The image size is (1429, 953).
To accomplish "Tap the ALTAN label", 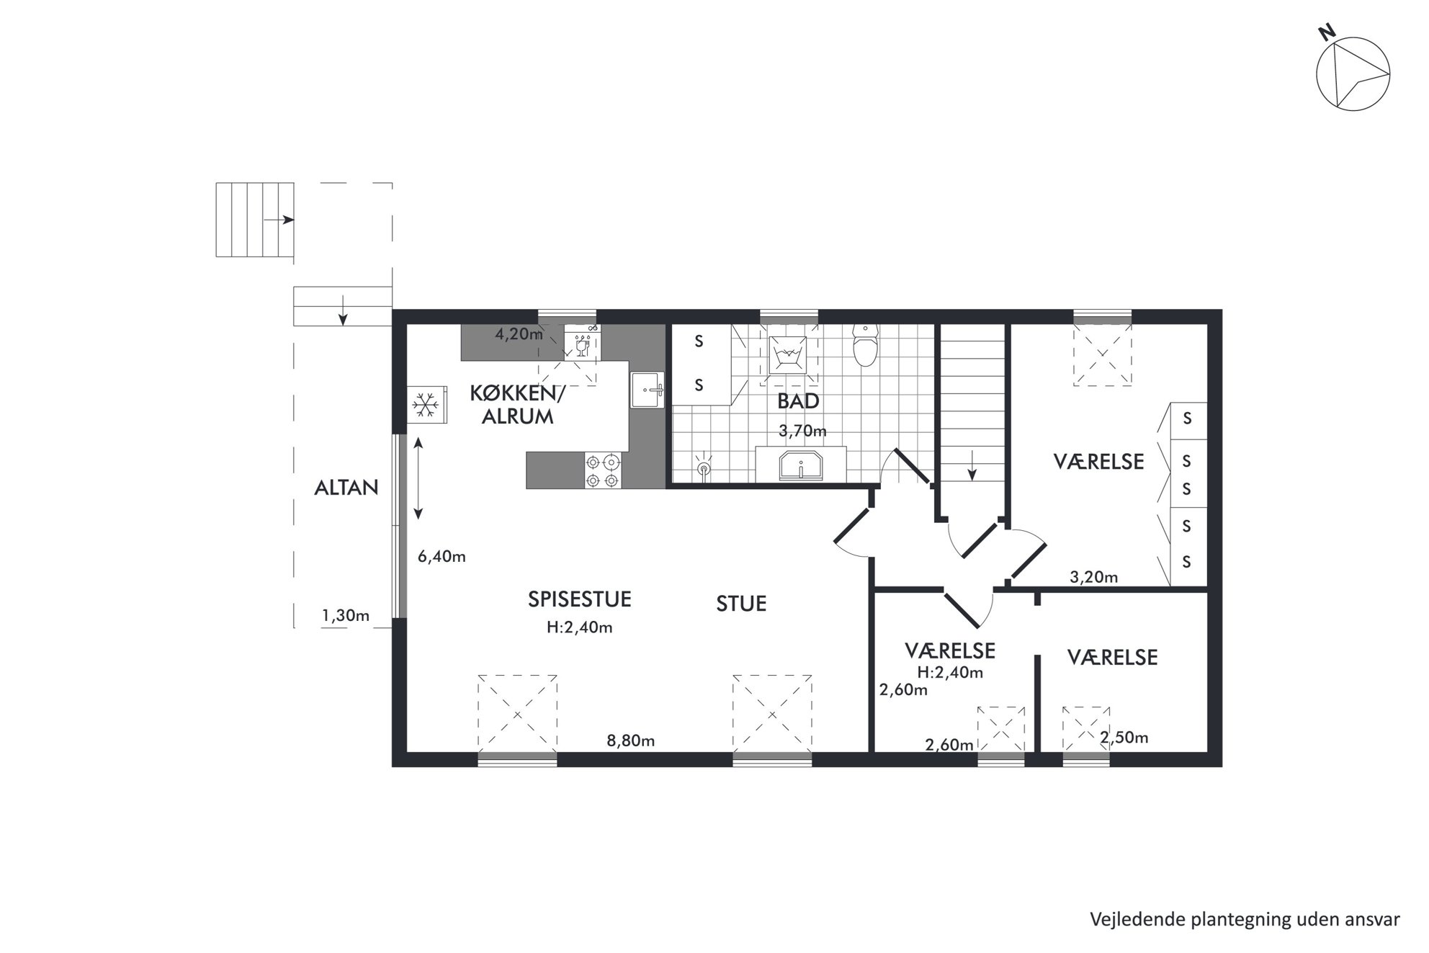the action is (346, 488).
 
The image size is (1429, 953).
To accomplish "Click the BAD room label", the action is (798, 401).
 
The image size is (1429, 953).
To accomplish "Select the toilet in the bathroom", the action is (864, 345).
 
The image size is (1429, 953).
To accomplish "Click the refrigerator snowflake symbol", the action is (426, 405).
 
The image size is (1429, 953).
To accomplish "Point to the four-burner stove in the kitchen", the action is (602, 470).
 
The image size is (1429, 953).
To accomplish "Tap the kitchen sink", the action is (648, 390).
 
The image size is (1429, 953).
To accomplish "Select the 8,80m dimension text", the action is (630, 741).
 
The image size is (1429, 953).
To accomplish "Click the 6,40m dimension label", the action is (442, 556).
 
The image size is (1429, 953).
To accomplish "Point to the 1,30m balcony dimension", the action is (346, 615).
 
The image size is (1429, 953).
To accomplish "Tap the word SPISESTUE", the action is (580, 599).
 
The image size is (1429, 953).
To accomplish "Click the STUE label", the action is (741, 604).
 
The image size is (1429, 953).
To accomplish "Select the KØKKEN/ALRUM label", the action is (518, 404).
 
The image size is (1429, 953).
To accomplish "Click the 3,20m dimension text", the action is (1094, 576).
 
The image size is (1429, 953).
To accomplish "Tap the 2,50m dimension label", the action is (1124, 738).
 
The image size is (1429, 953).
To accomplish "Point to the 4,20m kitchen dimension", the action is (519, 334).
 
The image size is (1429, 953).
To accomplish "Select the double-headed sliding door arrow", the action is (418, 478).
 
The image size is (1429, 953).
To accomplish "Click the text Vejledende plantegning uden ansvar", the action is (1245, 919).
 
